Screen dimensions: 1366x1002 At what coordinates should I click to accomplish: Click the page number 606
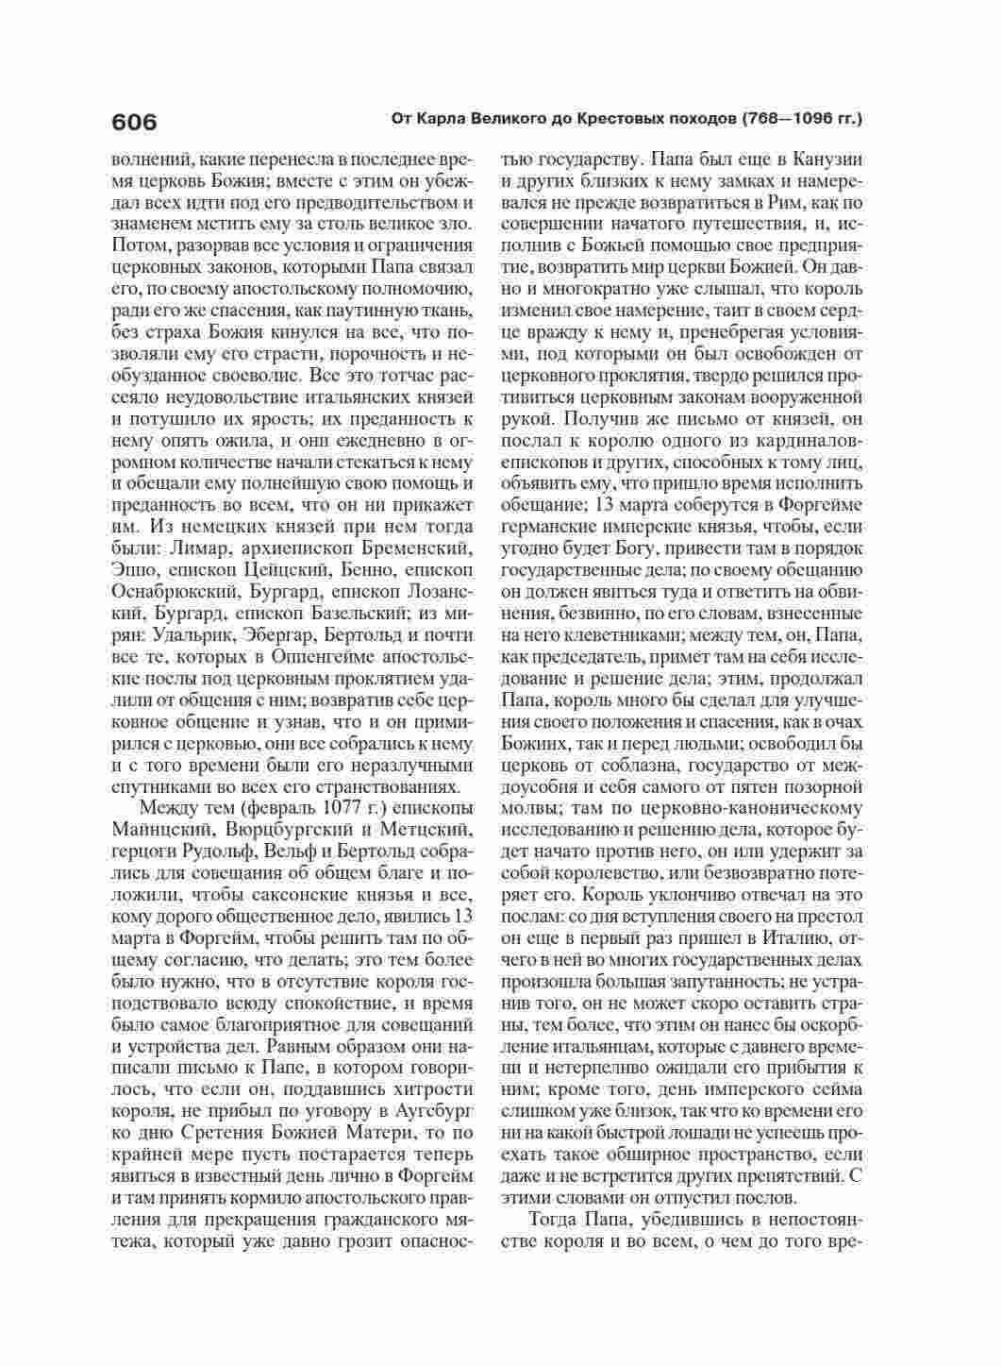pyautogui.click(x=134, y=123)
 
